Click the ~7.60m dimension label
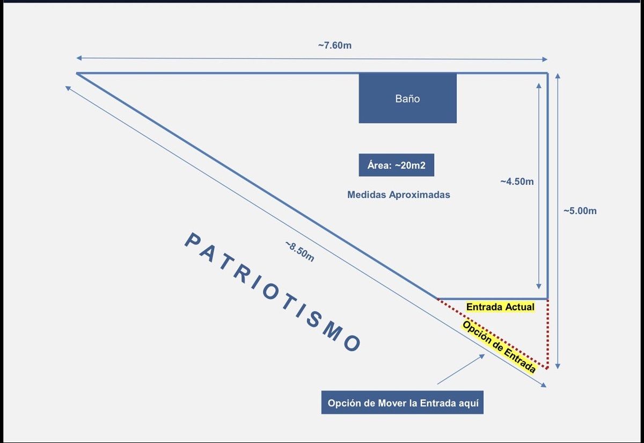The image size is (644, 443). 334,45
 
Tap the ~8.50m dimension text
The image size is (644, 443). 299,251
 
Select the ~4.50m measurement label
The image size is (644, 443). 517,181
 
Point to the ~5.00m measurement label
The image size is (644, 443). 580,211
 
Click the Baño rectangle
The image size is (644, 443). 407,98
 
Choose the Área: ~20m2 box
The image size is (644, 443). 396,165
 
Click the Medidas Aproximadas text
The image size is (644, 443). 398,195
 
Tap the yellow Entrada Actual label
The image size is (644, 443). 500,307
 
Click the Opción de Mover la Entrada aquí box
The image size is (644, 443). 402,403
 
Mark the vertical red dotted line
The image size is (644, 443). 547,333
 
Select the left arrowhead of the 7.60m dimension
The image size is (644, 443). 78,58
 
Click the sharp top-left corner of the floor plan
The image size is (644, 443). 77,73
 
